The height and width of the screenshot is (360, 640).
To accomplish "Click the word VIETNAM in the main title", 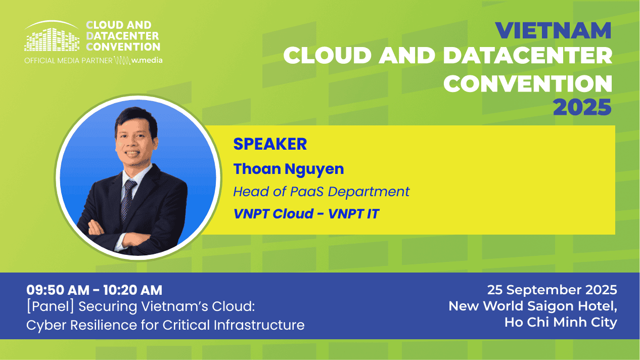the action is pos(553,30).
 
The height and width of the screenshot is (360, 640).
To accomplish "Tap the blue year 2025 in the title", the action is pos(582,107).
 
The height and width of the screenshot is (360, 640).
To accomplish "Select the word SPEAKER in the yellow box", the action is pos(270,144).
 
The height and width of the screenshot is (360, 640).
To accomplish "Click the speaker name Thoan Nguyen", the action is pos(289,169).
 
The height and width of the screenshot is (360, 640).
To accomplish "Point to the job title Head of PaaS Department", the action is pos(322,192).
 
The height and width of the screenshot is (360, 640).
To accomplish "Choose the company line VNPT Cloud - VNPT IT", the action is pos(306,214).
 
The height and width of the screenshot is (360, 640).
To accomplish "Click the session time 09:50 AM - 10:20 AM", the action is pos(95,290).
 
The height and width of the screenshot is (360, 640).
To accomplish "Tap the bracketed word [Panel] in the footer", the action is pos(50,306).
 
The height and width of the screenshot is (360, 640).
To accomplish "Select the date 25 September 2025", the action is pos(552,290).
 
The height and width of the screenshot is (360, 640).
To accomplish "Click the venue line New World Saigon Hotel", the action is pos(533,306).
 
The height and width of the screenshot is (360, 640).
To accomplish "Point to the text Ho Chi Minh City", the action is pos(561,322).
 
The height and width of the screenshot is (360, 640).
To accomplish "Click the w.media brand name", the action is pos(147,60).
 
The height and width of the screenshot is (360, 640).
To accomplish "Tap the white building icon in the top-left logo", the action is pos(52,36).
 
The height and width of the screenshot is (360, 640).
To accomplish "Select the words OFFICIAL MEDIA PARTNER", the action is pos(68,61).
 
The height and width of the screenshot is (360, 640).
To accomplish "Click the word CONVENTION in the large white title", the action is pos(528,83).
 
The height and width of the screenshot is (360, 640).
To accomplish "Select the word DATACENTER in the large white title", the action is pos(528,56).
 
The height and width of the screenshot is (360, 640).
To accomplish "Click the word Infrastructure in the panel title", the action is pos(259,325).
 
